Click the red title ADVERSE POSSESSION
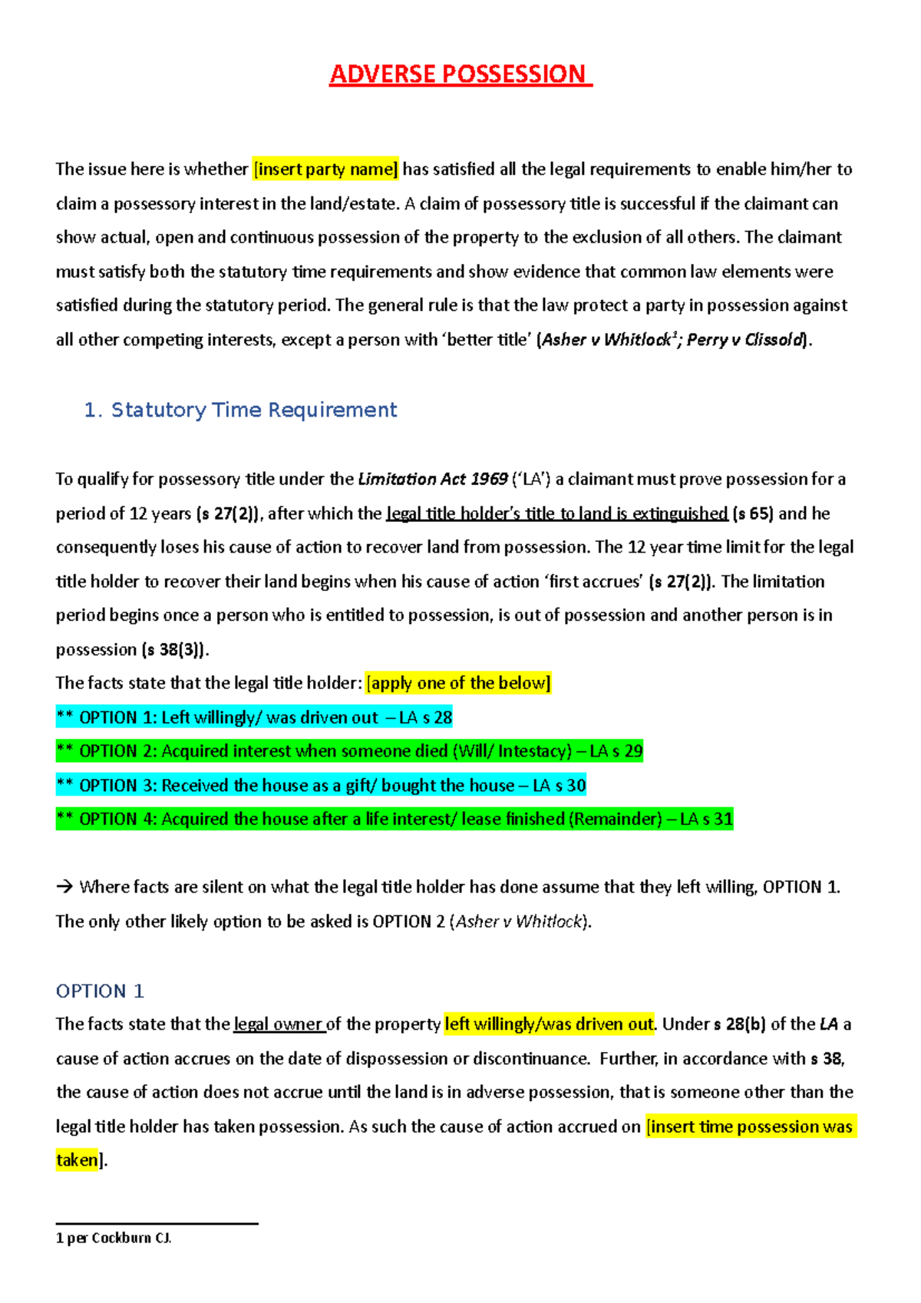(x=460, y=74)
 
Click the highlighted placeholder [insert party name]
(x=325, y=169)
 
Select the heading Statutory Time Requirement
(x=253, y=410)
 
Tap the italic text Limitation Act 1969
(x=433, y=480)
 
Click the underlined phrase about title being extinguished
(x=556, y=513)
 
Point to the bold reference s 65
(x=753, y=513)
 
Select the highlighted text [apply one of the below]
(x=458, y=683)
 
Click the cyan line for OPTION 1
(x=254, y=717)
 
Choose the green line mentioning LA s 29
(x=349, y=751)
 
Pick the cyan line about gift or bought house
(x=321, y=785)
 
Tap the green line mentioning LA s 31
(x=394, y=819)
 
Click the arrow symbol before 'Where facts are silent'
(x=64, y=887)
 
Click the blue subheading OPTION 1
(x=100, y=991)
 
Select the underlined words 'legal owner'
(x=279, y=1024)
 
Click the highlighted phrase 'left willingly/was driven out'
(x=549, y=1024)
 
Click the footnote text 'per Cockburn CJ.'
(x=118, y=1238)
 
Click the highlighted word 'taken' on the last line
(x=77, y=1160)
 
